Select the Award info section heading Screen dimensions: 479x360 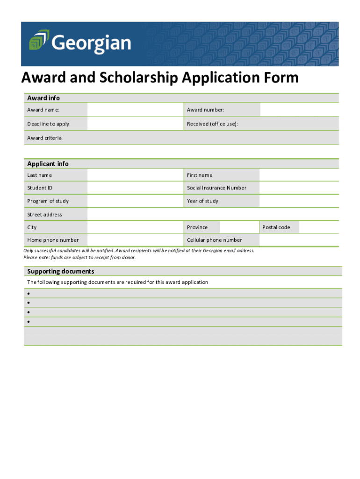[43, 98]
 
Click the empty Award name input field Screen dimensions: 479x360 [135, 110]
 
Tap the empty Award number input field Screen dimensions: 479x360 [299, 110]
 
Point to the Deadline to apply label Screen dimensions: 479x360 [49, 124]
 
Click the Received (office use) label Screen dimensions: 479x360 [212, 124]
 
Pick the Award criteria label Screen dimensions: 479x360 [45, 138]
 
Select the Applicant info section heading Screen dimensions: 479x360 [48, 164]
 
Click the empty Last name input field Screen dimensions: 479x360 [135, 175]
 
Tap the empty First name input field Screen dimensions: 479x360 [299, 175]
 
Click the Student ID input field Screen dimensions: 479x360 [135, 188]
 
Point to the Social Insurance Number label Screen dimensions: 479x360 [216, 188]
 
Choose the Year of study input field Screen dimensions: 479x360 [299, 201]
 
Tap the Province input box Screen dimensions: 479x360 [238, 227]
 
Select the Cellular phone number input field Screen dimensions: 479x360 [299, 240]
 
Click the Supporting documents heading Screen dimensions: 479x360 [61, 271]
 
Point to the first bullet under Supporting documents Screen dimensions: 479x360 [29, 294]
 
